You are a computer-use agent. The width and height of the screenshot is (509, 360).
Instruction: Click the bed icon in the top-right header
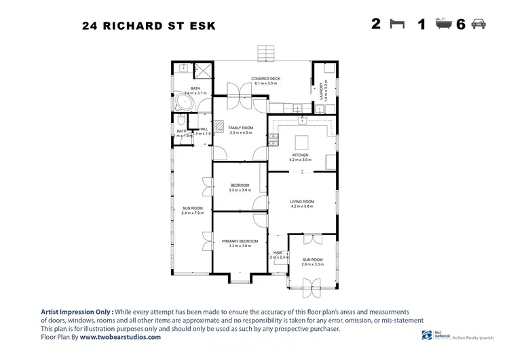398,24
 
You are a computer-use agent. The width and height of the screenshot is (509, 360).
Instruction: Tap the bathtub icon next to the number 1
442,24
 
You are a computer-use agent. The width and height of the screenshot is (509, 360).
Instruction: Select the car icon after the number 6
478,24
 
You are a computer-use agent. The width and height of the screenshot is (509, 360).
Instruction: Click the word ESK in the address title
202,26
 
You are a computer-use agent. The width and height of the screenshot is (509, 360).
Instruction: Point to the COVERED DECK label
265,79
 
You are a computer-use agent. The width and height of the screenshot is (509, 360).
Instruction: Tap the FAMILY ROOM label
240,128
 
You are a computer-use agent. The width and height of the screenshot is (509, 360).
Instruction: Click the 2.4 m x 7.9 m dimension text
193,213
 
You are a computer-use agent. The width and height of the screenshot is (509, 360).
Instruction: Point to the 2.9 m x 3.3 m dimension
313,264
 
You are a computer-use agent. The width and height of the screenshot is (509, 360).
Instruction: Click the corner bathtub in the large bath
183,104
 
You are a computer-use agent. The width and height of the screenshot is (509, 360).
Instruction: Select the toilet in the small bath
192,134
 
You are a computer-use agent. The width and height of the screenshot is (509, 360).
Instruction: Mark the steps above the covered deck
265,53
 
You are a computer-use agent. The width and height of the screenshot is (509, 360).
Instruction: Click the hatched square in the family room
218,124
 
